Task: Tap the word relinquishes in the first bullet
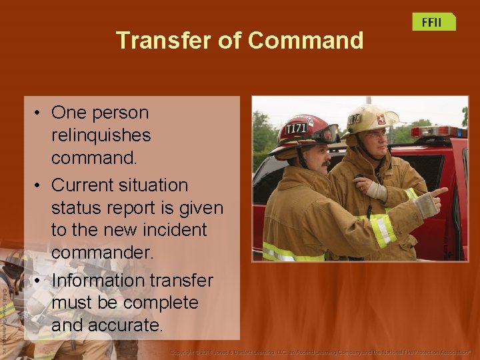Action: [x=101, y=135]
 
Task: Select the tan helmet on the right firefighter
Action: [x=369, y=119]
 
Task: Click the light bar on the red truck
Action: [x=437, y=131]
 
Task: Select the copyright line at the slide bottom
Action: [x=320, y=351]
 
